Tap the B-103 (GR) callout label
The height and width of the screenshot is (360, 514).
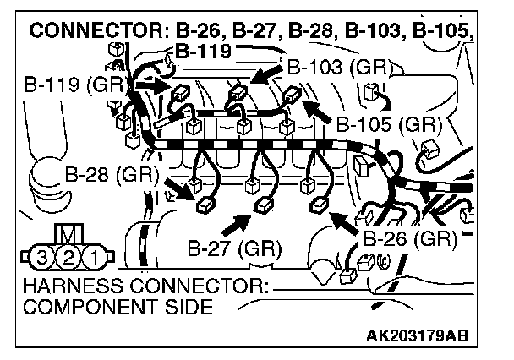click(331, 66)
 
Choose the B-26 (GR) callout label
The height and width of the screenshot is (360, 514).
click(410, 238)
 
